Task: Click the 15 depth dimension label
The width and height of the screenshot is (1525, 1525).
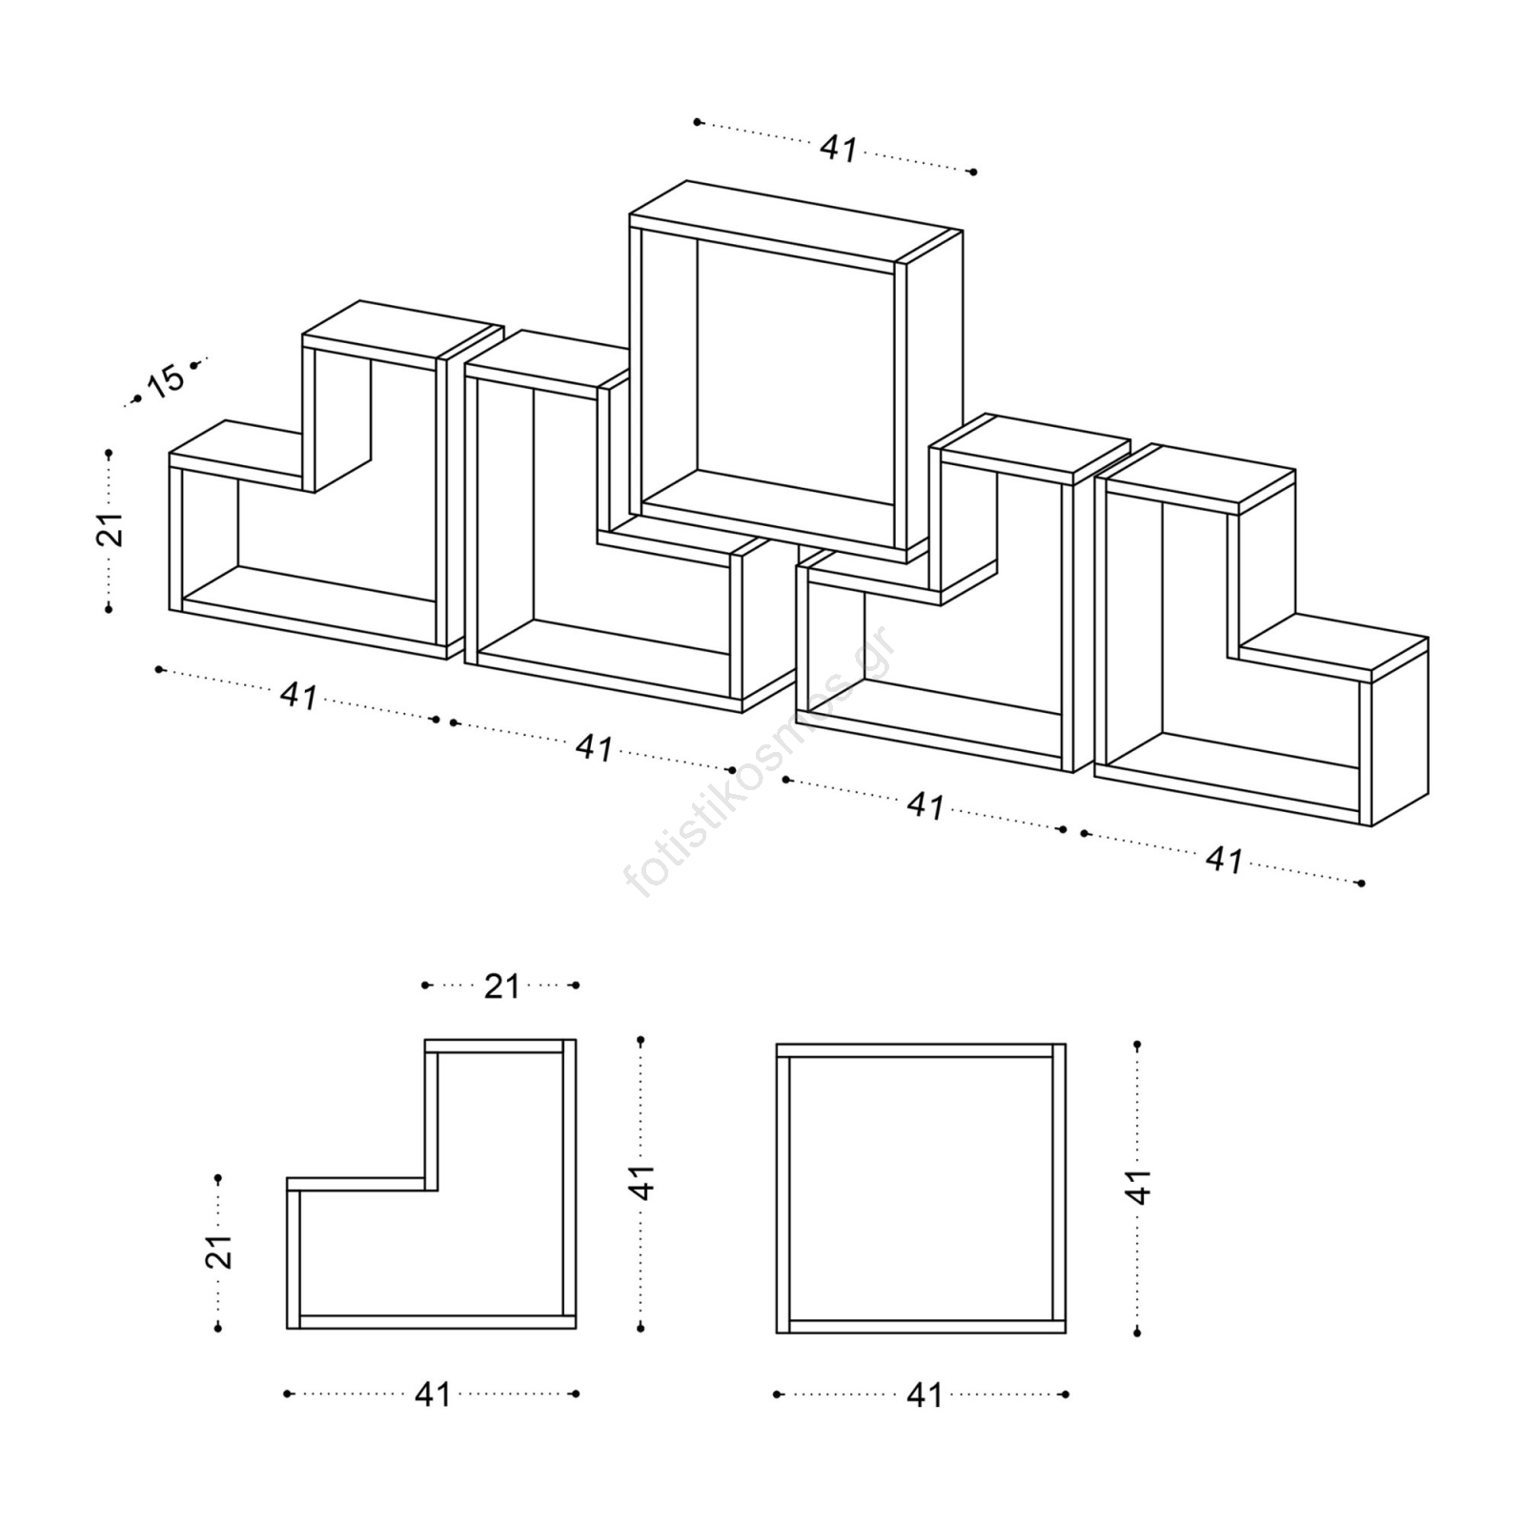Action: click(165, 381)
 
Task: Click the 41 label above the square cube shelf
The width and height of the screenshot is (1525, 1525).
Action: click(839, 149)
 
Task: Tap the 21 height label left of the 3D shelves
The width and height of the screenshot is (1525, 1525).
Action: click(111, 529)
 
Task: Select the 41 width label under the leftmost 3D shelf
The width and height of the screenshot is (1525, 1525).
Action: click(299, 696)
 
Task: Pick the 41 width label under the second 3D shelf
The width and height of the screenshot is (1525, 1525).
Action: click(595, 748)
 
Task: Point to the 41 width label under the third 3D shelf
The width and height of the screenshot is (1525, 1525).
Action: click(925, 805)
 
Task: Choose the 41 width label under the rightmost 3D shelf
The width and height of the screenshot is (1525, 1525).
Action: click(1225, 860)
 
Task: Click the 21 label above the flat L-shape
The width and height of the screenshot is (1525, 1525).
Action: click(501, 986)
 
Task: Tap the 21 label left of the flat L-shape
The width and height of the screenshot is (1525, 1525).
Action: click(219, 1251)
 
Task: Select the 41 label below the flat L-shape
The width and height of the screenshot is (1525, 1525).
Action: click(433, 1394)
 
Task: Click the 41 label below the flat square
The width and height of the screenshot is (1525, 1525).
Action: click(925, 1395)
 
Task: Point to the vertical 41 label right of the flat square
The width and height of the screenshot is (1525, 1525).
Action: click(1139, 1187)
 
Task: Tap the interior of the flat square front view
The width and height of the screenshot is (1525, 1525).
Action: click(921, 1189)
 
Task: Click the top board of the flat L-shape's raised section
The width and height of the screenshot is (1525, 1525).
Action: click(494, 1047)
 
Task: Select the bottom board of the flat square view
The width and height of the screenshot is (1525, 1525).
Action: click(921, 1326)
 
